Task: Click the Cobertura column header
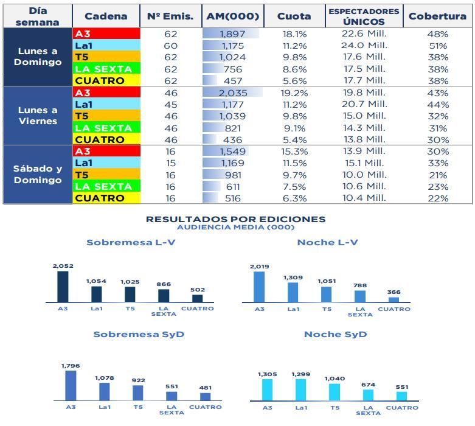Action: [437, 16]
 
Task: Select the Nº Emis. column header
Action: [170, 16]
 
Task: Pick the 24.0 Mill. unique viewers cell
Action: [364, 46]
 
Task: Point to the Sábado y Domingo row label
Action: [38, 174]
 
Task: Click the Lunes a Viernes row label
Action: [38, 115]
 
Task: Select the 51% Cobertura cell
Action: [437, 46]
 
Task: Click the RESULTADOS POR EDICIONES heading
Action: [235, 219]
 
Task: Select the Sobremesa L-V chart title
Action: [131, 242]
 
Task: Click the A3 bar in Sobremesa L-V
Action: [63, 287]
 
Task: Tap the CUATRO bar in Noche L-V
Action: [394, 299]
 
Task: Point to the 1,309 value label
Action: [293, 278]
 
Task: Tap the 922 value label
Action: [138, 380]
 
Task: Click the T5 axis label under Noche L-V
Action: [327, 309]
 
